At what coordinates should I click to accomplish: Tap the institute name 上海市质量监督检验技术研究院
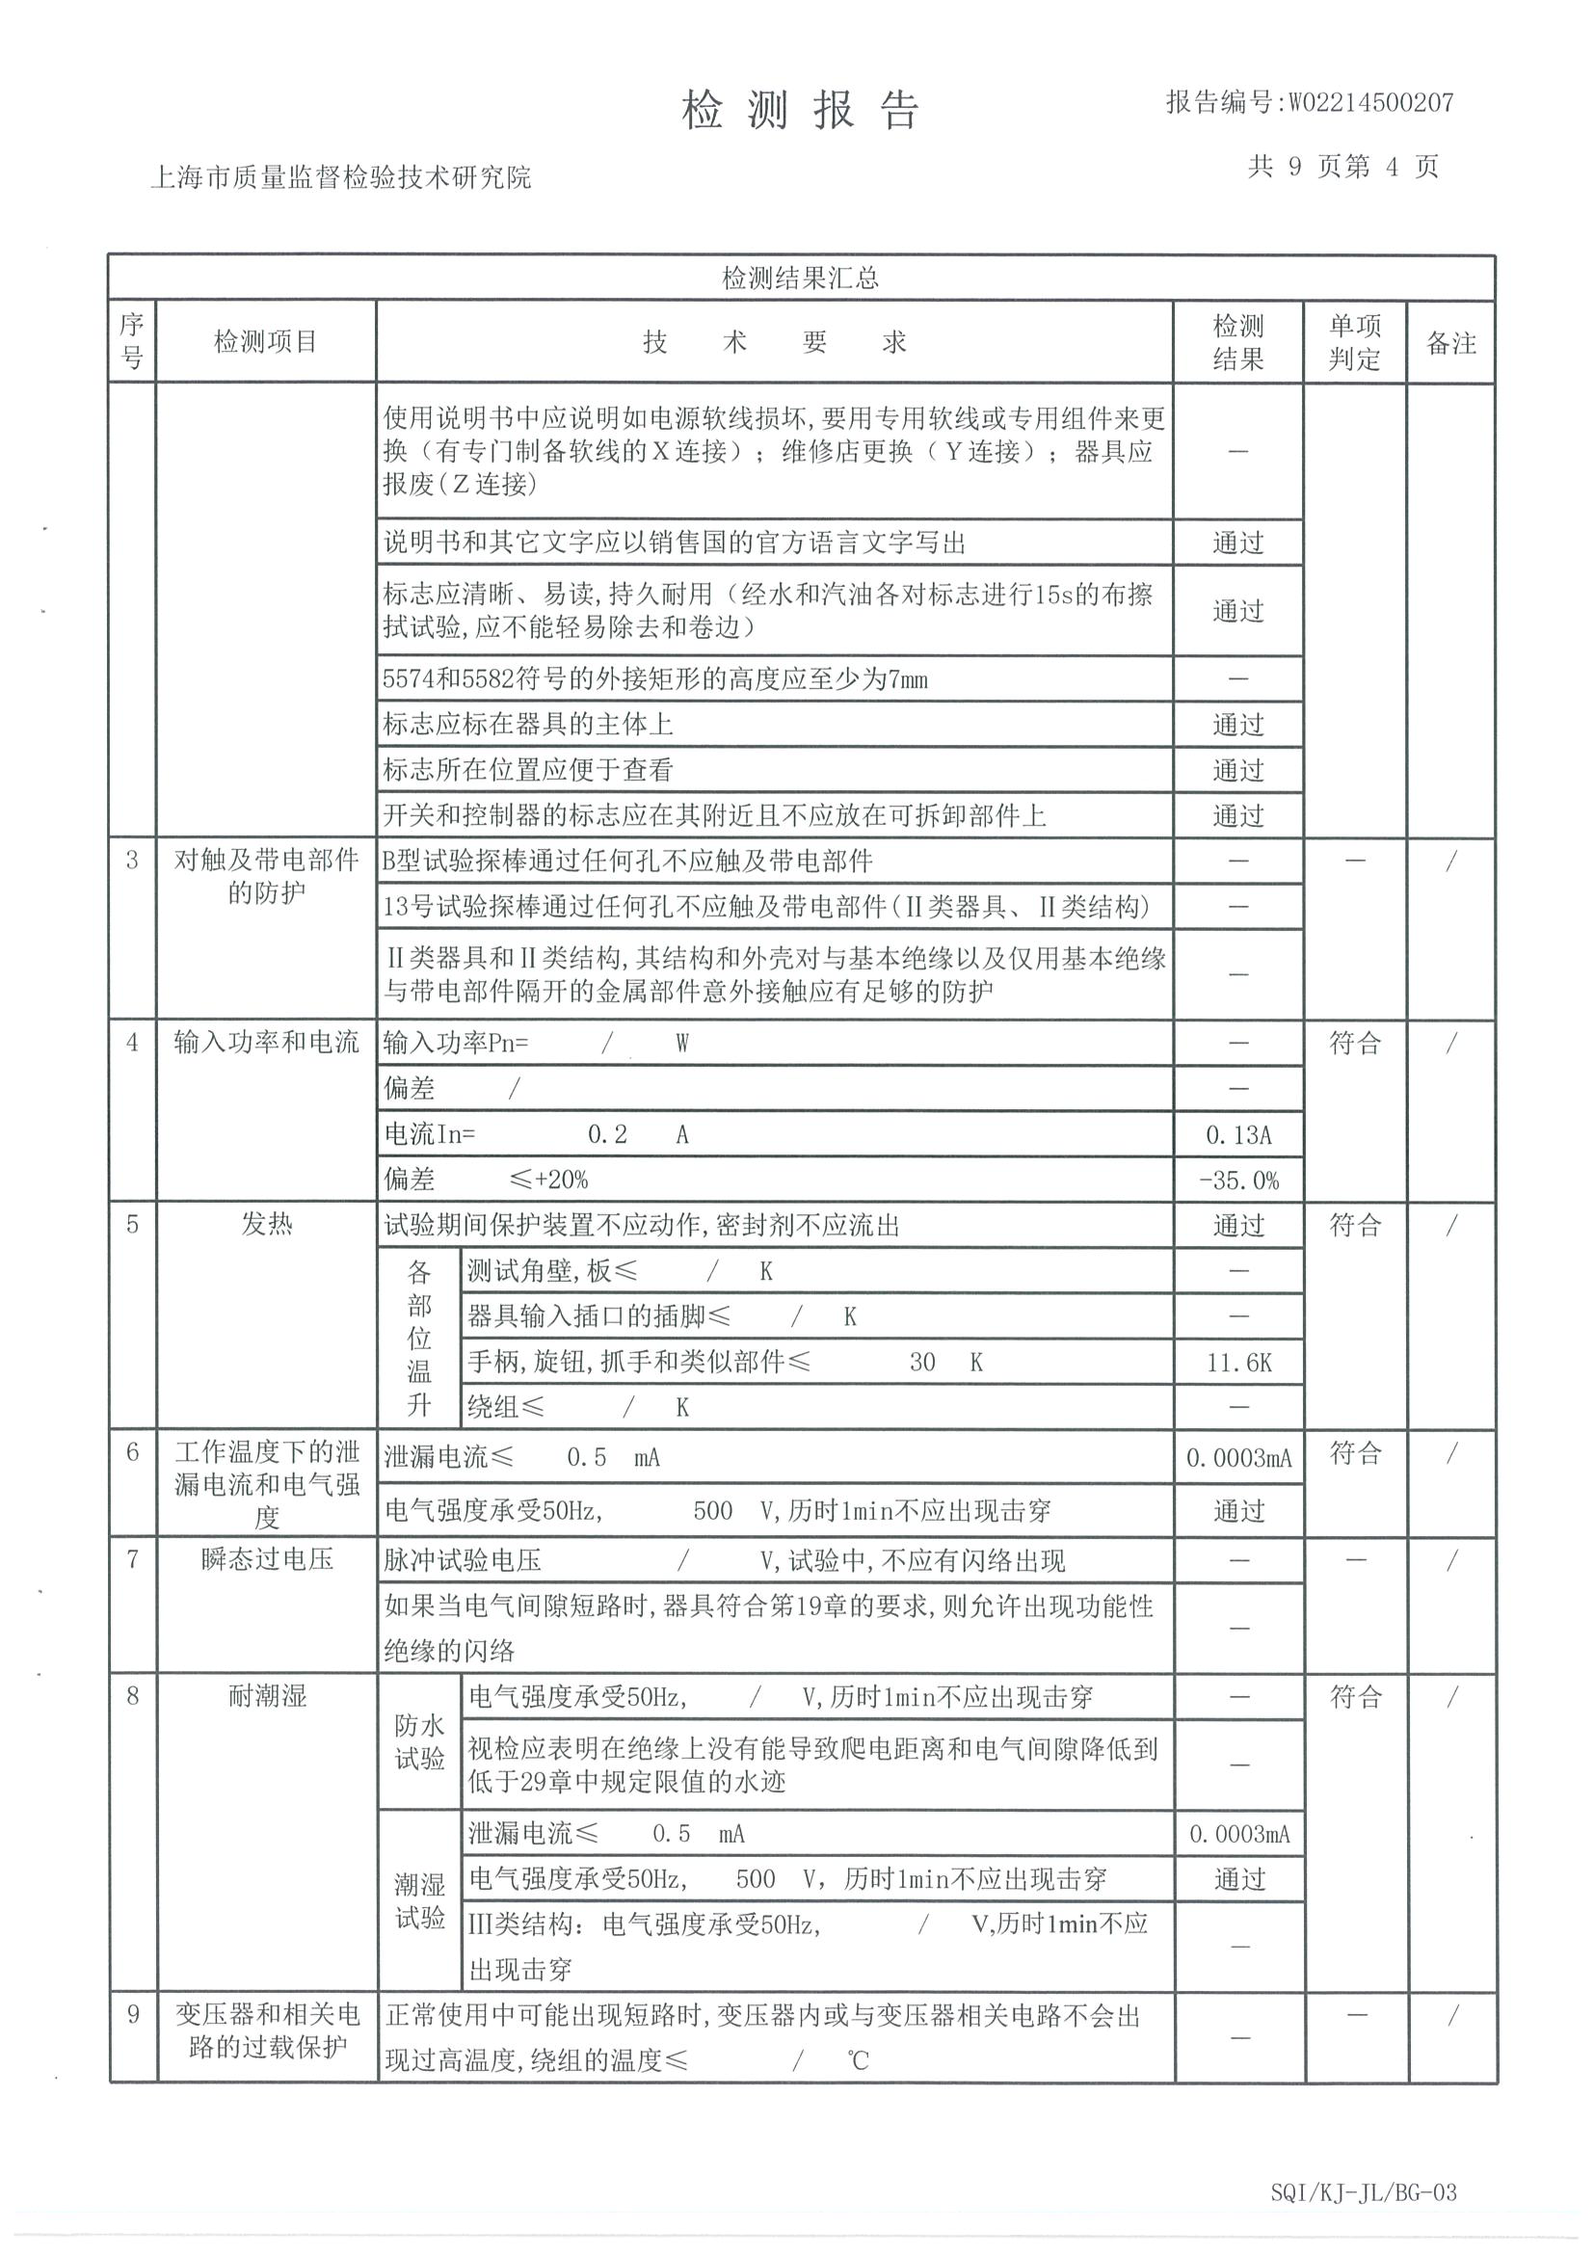tap(340, 176)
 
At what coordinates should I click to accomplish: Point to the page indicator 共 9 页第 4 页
tap(1342, 166)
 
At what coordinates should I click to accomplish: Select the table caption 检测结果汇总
tap(801, 278)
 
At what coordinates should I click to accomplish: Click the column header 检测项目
tap(265, 342)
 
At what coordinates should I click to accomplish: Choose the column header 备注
tap(1450, 343)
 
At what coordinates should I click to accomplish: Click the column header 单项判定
tap(1354, 342)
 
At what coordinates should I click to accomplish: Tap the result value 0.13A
tap(1237, 1135)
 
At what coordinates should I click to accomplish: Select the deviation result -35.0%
tap(1237, 1181)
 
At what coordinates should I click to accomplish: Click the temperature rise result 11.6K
tap(1237, 1364)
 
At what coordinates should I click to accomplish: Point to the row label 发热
tap(266, 1225)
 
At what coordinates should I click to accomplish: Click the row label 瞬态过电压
tap(266, 1558)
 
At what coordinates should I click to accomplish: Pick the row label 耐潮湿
tap(266, 1695)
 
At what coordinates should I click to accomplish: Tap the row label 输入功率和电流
tap(266, 1042)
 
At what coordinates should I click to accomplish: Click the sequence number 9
tap(133, 2014)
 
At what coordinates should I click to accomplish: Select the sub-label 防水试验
tap(419, 1741)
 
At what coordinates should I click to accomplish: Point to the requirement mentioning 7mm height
tap(655, 678)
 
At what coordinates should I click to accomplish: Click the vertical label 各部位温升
tap(419, 1339)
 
